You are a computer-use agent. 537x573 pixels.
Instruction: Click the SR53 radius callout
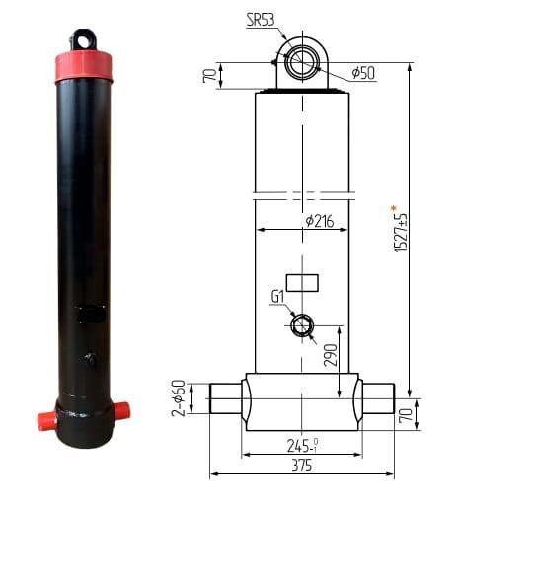point(261,20)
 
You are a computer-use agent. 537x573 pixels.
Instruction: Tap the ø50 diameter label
point(363,73)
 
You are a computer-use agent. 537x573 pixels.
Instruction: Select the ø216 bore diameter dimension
point(320,221)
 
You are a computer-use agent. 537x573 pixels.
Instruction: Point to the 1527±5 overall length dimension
point(402,233)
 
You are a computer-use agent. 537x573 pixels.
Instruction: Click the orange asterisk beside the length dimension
point(394,208)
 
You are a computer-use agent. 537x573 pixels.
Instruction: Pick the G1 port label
point(277,297)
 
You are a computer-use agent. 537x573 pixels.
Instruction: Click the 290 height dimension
point(331,355)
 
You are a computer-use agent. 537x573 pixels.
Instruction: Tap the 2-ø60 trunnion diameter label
point(179,398)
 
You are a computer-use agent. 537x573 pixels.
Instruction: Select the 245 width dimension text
point(302,446)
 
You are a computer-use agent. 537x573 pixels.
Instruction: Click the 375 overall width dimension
point(302,466)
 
